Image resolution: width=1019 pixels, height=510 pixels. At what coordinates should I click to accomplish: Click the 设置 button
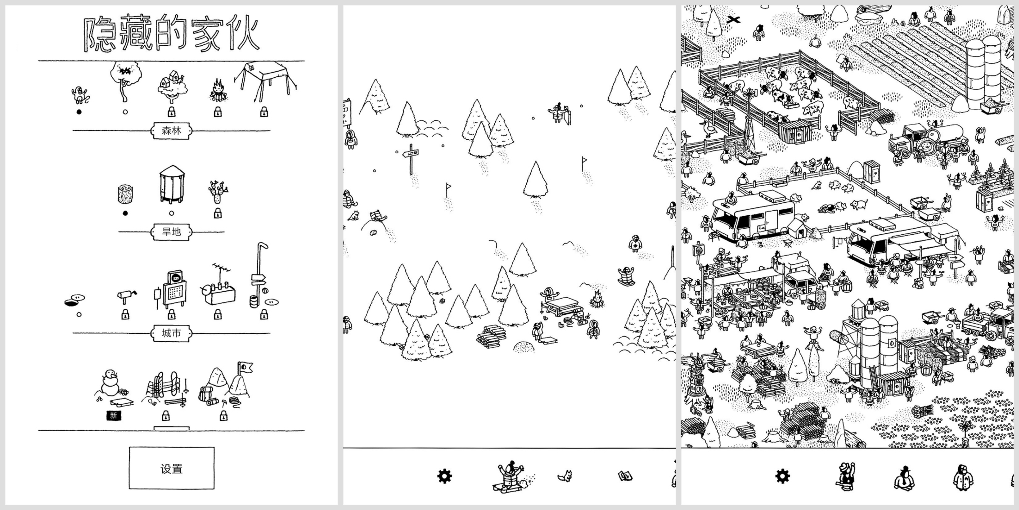(x=171, y=468)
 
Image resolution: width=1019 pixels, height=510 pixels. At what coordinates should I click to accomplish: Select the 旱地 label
(x=171, y=231)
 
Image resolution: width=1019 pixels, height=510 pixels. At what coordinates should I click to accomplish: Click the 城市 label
(x=171, y=333)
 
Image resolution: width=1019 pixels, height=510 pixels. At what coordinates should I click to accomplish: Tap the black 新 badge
(x=114, y=415)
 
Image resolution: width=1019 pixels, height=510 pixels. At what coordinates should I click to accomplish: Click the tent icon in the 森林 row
(x=265, y=81)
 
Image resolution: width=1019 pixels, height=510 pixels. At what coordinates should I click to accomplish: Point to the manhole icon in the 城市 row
(x=74, y=301)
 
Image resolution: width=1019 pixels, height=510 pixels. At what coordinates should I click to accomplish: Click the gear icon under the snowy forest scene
(x=444, y=476)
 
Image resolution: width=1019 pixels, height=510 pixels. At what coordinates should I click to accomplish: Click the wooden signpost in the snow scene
(x=411, y=158)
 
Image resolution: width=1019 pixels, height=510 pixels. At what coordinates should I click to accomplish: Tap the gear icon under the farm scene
(x=782, y=476)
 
